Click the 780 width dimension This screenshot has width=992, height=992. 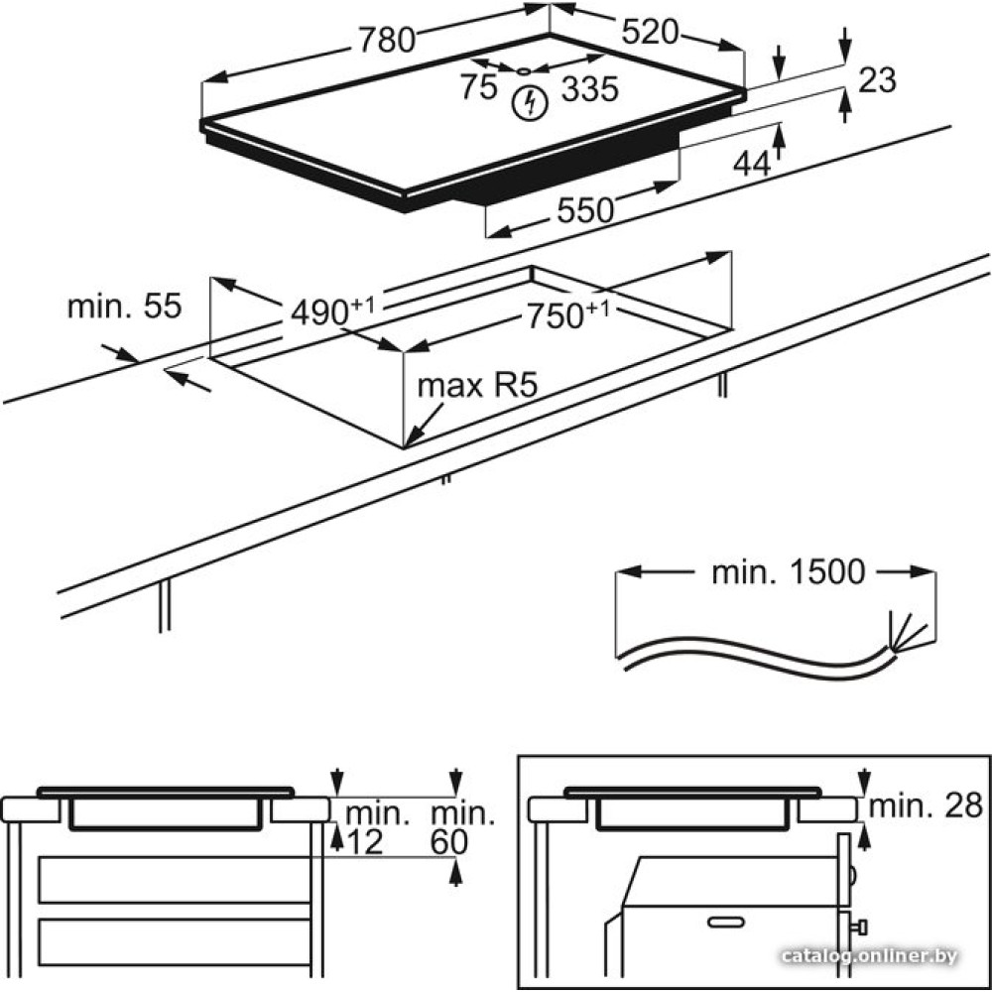point(386,40)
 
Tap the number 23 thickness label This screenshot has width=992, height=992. point(877,79)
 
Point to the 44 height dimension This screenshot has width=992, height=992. point(751,165)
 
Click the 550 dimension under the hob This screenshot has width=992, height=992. point(585,209)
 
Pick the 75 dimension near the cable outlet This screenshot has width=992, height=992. point(478,87)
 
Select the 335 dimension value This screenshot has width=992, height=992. point(590,89)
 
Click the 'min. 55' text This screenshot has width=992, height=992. point(124,307)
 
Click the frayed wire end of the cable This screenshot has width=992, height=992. point(908,635)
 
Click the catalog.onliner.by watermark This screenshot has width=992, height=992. point(870,956)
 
